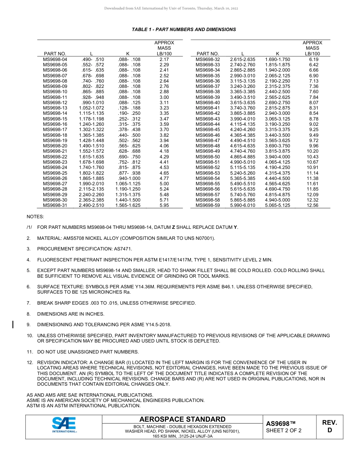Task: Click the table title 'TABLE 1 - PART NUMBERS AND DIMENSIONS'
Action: click(184, 30)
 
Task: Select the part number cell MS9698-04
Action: click(55, 59)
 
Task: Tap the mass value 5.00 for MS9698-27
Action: click(164, 184)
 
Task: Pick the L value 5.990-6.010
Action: click(243, 205)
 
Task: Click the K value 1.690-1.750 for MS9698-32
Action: click(277, 59)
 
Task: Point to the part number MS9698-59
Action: click(208, 205)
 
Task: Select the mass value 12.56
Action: click(312, 205)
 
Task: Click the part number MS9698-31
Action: click(55, 205)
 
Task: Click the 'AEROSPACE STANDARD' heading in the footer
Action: click(182, 419)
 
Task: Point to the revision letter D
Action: click(329, 430)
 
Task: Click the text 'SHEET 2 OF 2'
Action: click(284, 430)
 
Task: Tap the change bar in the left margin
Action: click(13, 324)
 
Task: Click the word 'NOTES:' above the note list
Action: click(35, 217)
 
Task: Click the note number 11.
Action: click(30, 352)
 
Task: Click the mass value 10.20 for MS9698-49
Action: click(312, 151)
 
